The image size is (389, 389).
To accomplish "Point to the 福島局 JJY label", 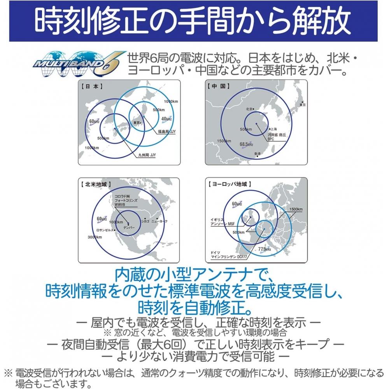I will point(166,132).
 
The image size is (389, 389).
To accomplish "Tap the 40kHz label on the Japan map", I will point(166,119).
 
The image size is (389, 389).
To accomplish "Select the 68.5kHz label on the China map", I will point(247,144).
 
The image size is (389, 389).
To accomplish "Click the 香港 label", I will point(257,154).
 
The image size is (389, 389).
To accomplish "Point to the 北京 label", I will point(250,109).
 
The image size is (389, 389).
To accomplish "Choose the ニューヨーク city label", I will point(160,221).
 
